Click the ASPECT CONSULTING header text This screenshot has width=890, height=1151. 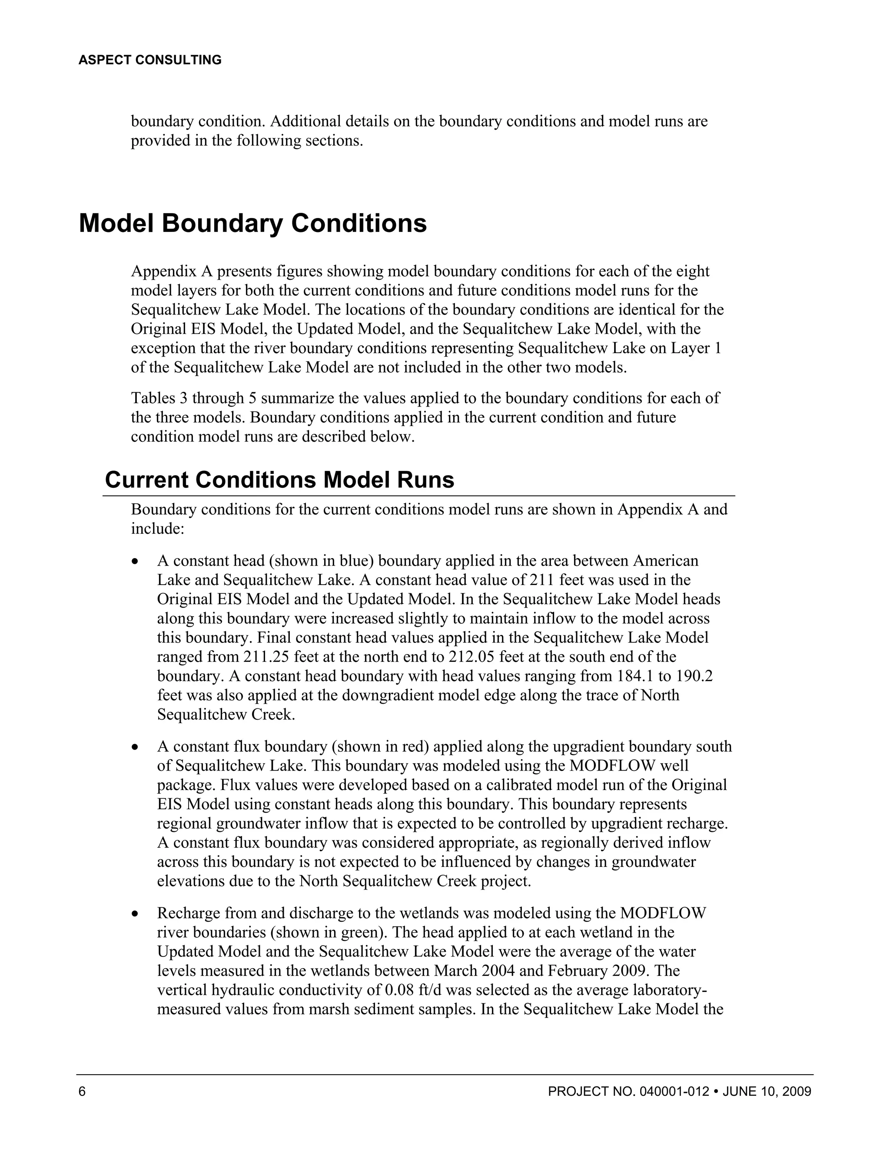click(x=150, y=60)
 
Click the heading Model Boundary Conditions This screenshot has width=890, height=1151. click(x=252, y=223)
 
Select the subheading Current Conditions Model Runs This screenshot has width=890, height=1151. click(x=279, y=480)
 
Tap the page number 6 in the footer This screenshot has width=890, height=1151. click(x=82, y=1091)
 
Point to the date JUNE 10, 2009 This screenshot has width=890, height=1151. click(x=767, y=1091)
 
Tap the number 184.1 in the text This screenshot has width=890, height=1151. click(x=633, y=676)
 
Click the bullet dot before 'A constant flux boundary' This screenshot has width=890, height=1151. click(x=136, y=748)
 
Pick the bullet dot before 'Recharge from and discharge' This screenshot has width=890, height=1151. click(x=136, y=914)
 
